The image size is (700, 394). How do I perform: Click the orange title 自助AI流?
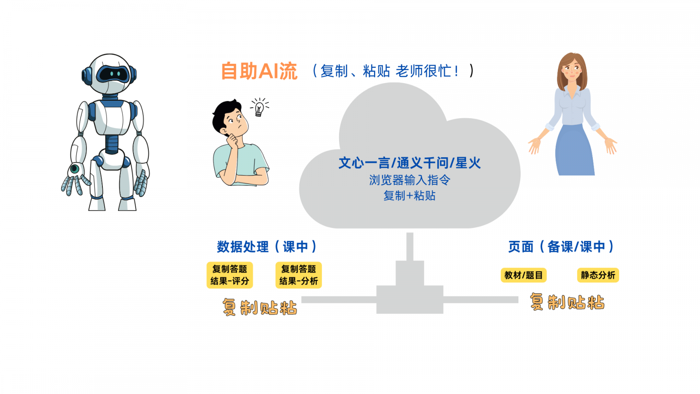[259, 71]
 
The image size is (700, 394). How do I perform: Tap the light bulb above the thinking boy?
[259, 108]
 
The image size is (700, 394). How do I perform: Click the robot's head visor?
[112, 74]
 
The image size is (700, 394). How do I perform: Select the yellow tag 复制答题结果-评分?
[230, 275]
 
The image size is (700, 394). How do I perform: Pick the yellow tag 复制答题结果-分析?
[298, 275]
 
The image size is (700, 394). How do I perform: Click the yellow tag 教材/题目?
[523, 275]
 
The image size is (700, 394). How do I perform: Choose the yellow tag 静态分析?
[598, 275]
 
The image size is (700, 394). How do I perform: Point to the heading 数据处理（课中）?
[266, 247]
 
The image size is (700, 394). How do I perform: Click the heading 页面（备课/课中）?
[561, 247]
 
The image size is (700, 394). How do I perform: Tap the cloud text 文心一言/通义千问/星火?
[409, 163]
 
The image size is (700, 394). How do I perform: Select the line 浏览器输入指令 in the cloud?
[409, 180]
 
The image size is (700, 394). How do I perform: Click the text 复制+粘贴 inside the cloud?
[409, 196]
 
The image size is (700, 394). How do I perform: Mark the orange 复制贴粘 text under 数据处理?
[259, 307]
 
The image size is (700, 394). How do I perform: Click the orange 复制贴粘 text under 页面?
[567, 303]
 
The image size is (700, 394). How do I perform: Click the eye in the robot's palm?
[75, 169]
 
